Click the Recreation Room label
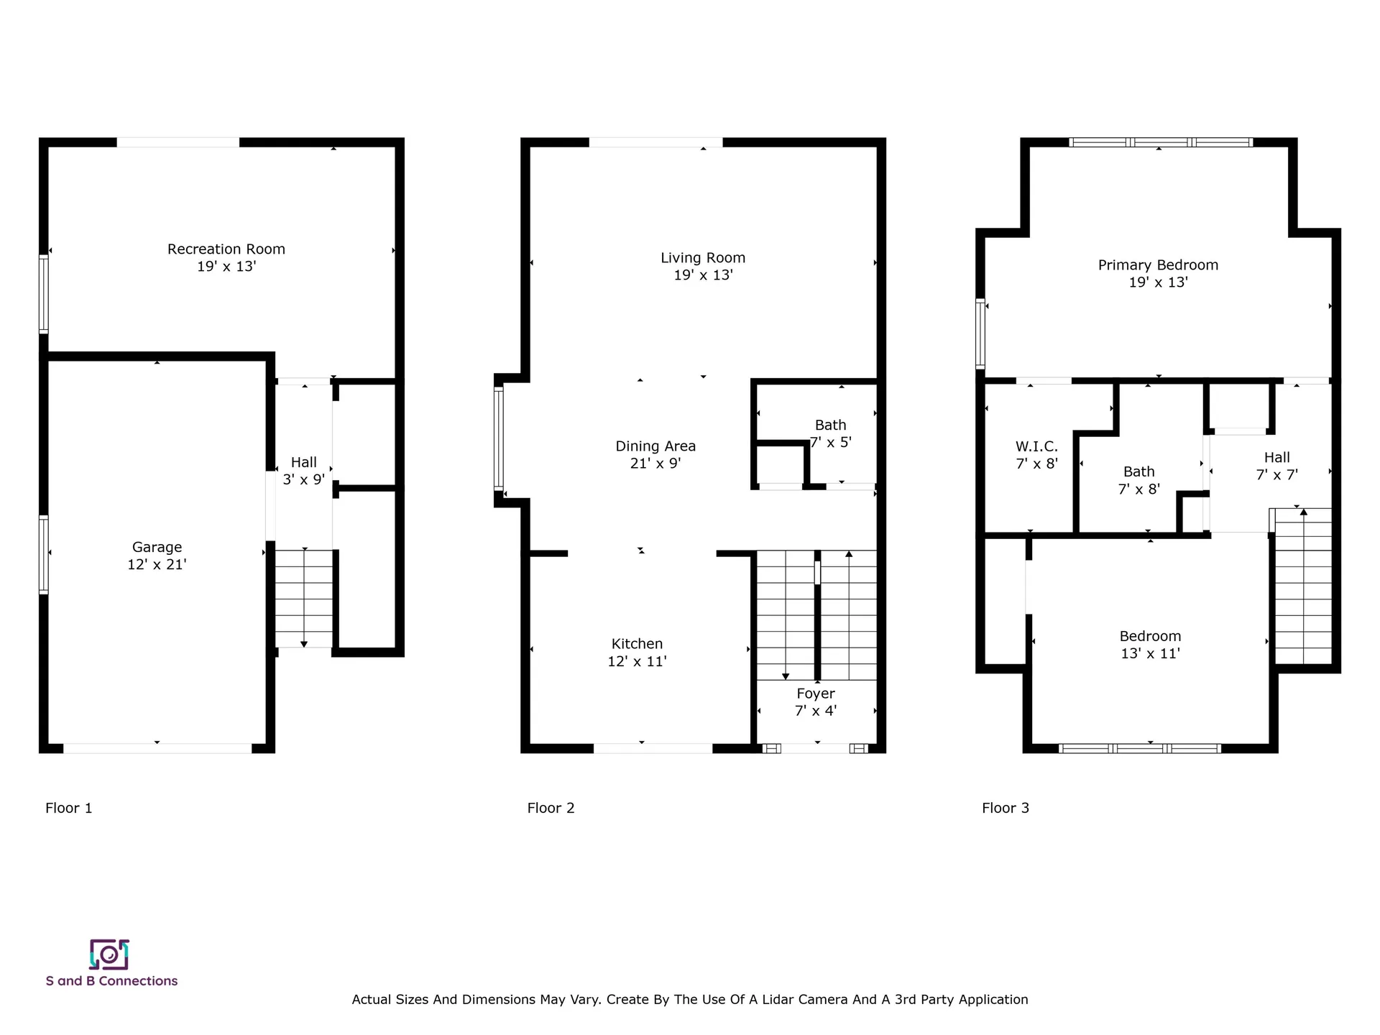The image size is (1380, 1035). (226, 249)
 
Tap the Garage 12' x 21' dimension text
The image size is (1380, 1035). (157, 565)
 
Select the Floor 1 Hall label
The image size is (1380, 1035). (303, 462)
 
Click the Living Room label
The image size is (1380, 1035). (703, 258)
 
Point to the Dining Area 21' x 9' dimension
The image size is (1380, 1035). (655, 464)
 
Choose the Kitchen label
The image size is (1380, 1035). (637, 644)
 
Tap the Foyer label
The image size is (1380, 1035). (816, 694)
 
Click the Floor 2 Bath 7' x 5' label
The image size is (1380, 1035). (830, 433)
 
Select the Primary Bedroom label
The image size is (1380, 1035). (1158, 265)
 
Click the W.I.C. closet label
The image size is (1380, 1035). (1036, 446)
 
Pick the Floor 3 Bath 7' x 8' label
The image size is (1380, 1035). (1138, 480)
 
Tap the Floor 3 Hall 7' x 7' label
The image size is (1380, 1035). (1276, 466)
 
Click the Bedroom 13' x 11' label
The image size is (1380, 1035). (1150, 645)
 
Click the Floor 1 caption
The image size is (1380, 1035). (69, 808)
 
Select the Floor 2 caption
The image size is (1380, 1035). (551, 808)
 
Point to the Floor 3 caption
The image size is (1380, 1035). (1006, 808)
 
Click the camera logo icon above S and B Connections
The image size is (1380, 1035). (109, 954)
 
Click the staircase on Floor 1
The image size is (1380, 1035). (304, 598)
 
